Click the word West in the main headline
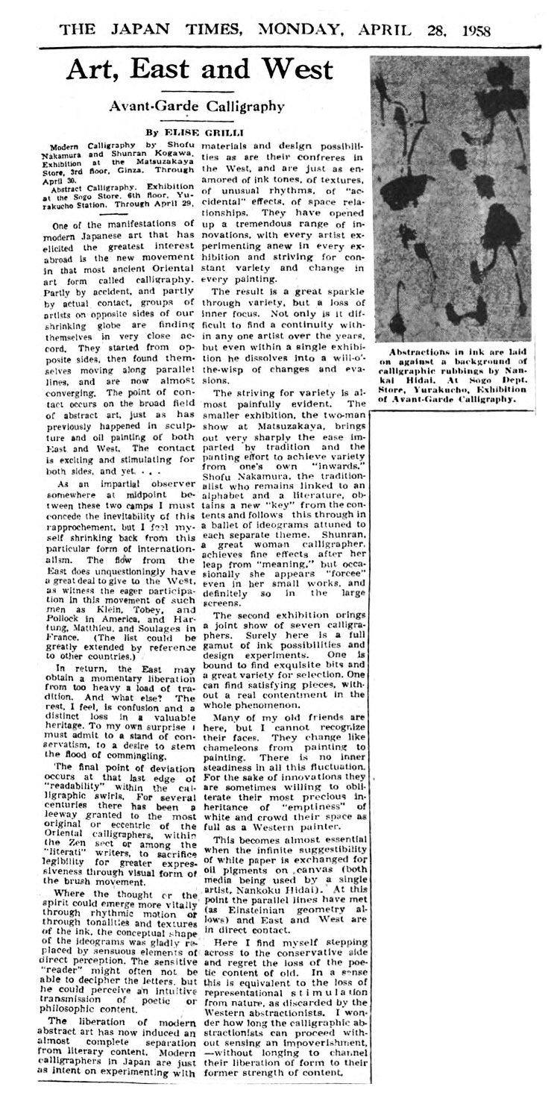(x=293, y=69)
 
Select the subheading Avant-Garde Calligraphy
(x=197, y=106)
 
